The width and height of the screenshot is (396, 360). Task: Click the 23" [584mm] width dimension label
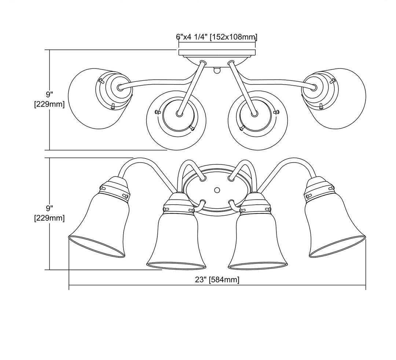(217, 280)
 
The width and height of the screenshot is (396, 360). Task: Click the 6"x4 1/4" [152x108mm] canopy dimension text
(216, 37)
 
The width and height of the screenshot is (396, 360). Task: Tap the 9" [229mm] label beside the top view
(49, 99)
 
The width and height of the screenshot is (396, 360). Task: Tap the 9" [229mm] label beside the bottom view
(49, 213)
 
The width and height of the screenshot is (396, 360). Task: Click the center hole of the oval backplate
(216, 190)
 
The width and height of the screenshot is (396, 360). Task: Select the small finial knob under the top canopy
(216, 70)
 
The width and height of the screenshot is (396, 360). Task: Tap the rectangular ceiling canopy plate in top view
(217, 53)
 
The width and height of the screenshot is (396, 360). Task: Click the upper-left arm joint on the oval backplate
(203, 178)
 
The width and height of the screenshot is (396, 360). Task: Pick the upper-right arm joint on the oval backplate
(230, 178)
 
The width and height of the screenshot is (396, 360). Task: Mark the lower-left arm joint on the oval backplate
(203, 201)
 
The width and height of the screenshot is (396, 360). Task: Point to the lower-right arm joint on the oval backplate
(230, 201)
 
